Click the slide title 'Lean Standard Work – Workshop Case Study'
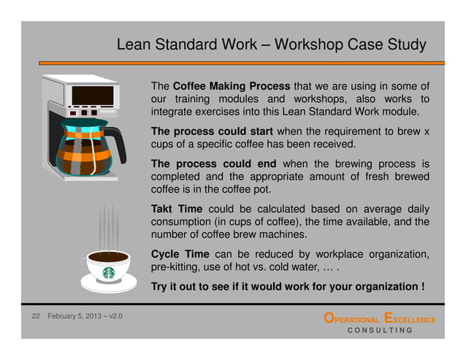[271, 45]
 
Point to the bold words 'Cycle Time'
[176, 254]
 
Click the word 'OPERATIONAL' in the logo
[352, 320]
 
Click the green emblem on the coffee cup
[109, 272]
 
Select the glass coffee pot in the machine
[86, 150]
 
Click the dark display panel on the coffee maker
[93, 96]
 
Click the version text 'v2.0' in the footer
[113, 318]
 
